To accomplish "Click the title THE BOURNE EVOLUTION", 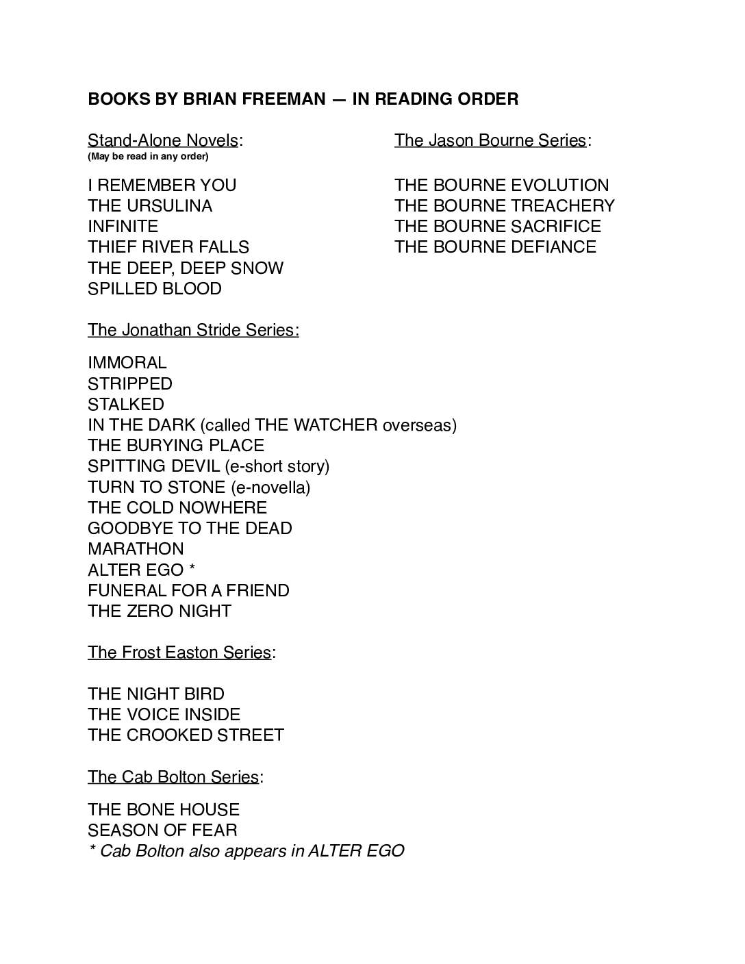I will (x=501, y=186).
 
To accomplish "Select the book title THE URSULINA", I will (x=150, y=206).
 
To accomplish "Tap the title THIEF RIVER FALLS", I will (x=168, y=247).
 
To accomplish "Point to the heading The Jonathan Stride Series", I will (x=193, y=330).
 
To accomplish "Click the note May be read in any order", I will (x=148, y=157).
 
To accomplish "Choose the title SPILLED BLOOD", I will (x=155, y=289).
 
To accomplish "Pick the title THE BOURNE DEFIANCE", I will (x=495, y=247).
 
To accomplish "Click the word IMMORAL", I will (x=127, y=363).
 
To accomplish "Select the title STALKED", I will (x=126, y=405).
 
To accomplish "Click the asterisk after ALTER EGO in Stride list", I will (x=192, y=569).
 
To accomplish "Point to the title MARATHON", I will (x=136, y=549).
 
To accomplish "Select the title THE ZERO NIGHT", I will (x=160, y=611).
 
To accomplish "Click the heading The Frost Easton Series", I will (x=179, y=652).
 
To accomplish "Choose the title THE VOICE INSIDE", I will (x=164, y=715).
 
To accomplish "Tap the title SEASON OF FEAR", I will (x=162, y=830).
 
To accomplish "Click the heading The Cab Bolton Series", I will (x=173, y=777).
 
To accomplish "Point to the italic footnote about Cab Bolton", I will (x=246, y=851).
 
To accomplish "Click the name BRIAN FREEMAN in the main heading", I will (x=254, y=99).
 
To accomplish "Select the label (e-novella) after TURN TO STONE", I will (x=270, y=487).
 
